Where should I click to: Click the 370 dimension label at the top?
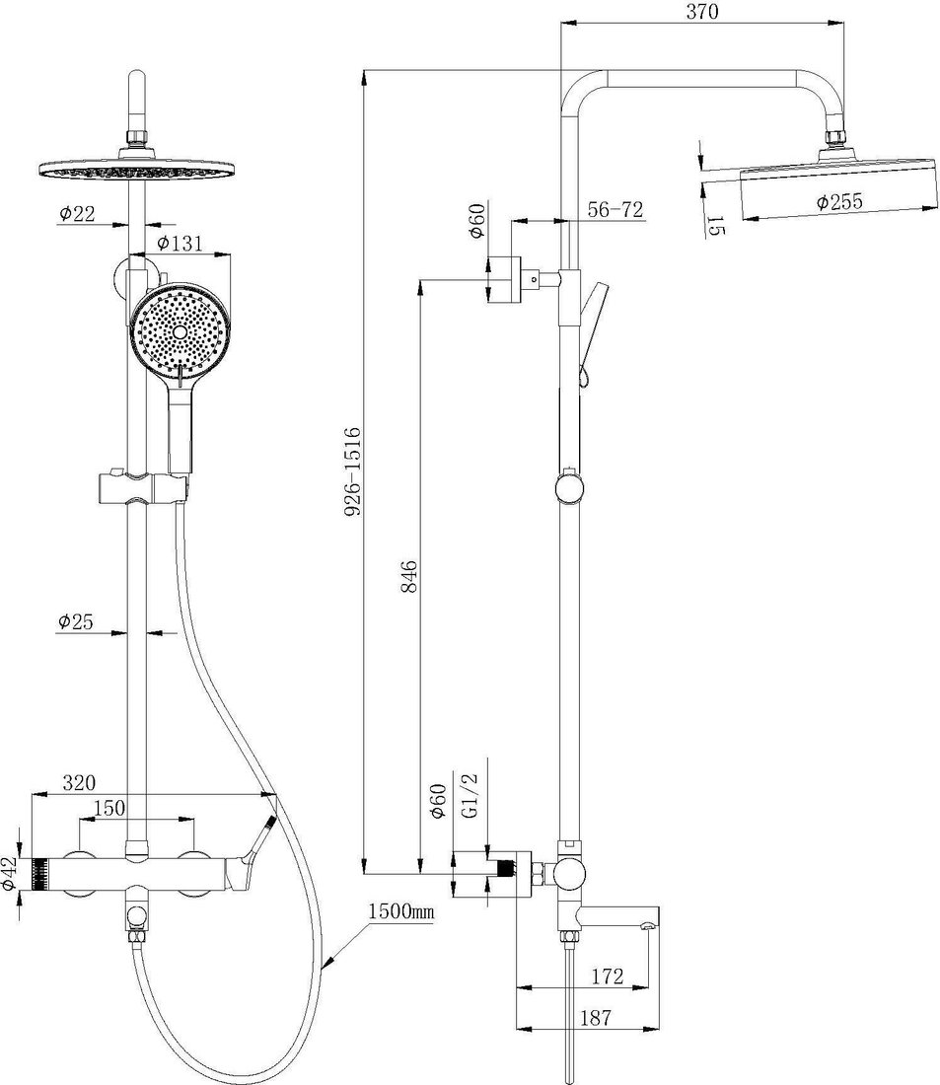tap(702, 11)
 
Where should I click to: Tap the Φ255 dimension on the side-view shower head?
tap(839, 202)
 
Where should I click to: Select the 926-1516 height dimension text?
tap(353, 471)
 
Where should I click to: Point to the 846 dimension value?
tap(408, 576)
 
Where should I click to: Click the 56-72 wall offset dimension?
tap(615, 209)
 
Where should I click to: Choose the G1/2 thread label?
tap(469, 796)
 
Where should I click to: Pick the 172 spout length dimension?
tap(607, 976)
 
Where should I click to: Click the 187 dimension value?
tap(596, 1018)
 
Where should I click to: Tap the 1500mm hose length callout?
tap(400, 910)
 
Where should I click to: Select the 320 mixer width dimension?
tap(79, 782)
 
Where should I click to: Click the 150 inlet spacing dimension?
tap(108, 808)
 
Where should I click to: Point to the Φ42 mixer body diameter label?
tap(9, 873)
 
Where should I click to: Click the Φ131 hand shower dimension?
tap(180, 243)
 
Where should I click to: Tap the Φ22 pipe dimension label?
tap(77, 214)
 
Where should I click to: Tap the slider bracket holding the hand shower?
tap(143, 485)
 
